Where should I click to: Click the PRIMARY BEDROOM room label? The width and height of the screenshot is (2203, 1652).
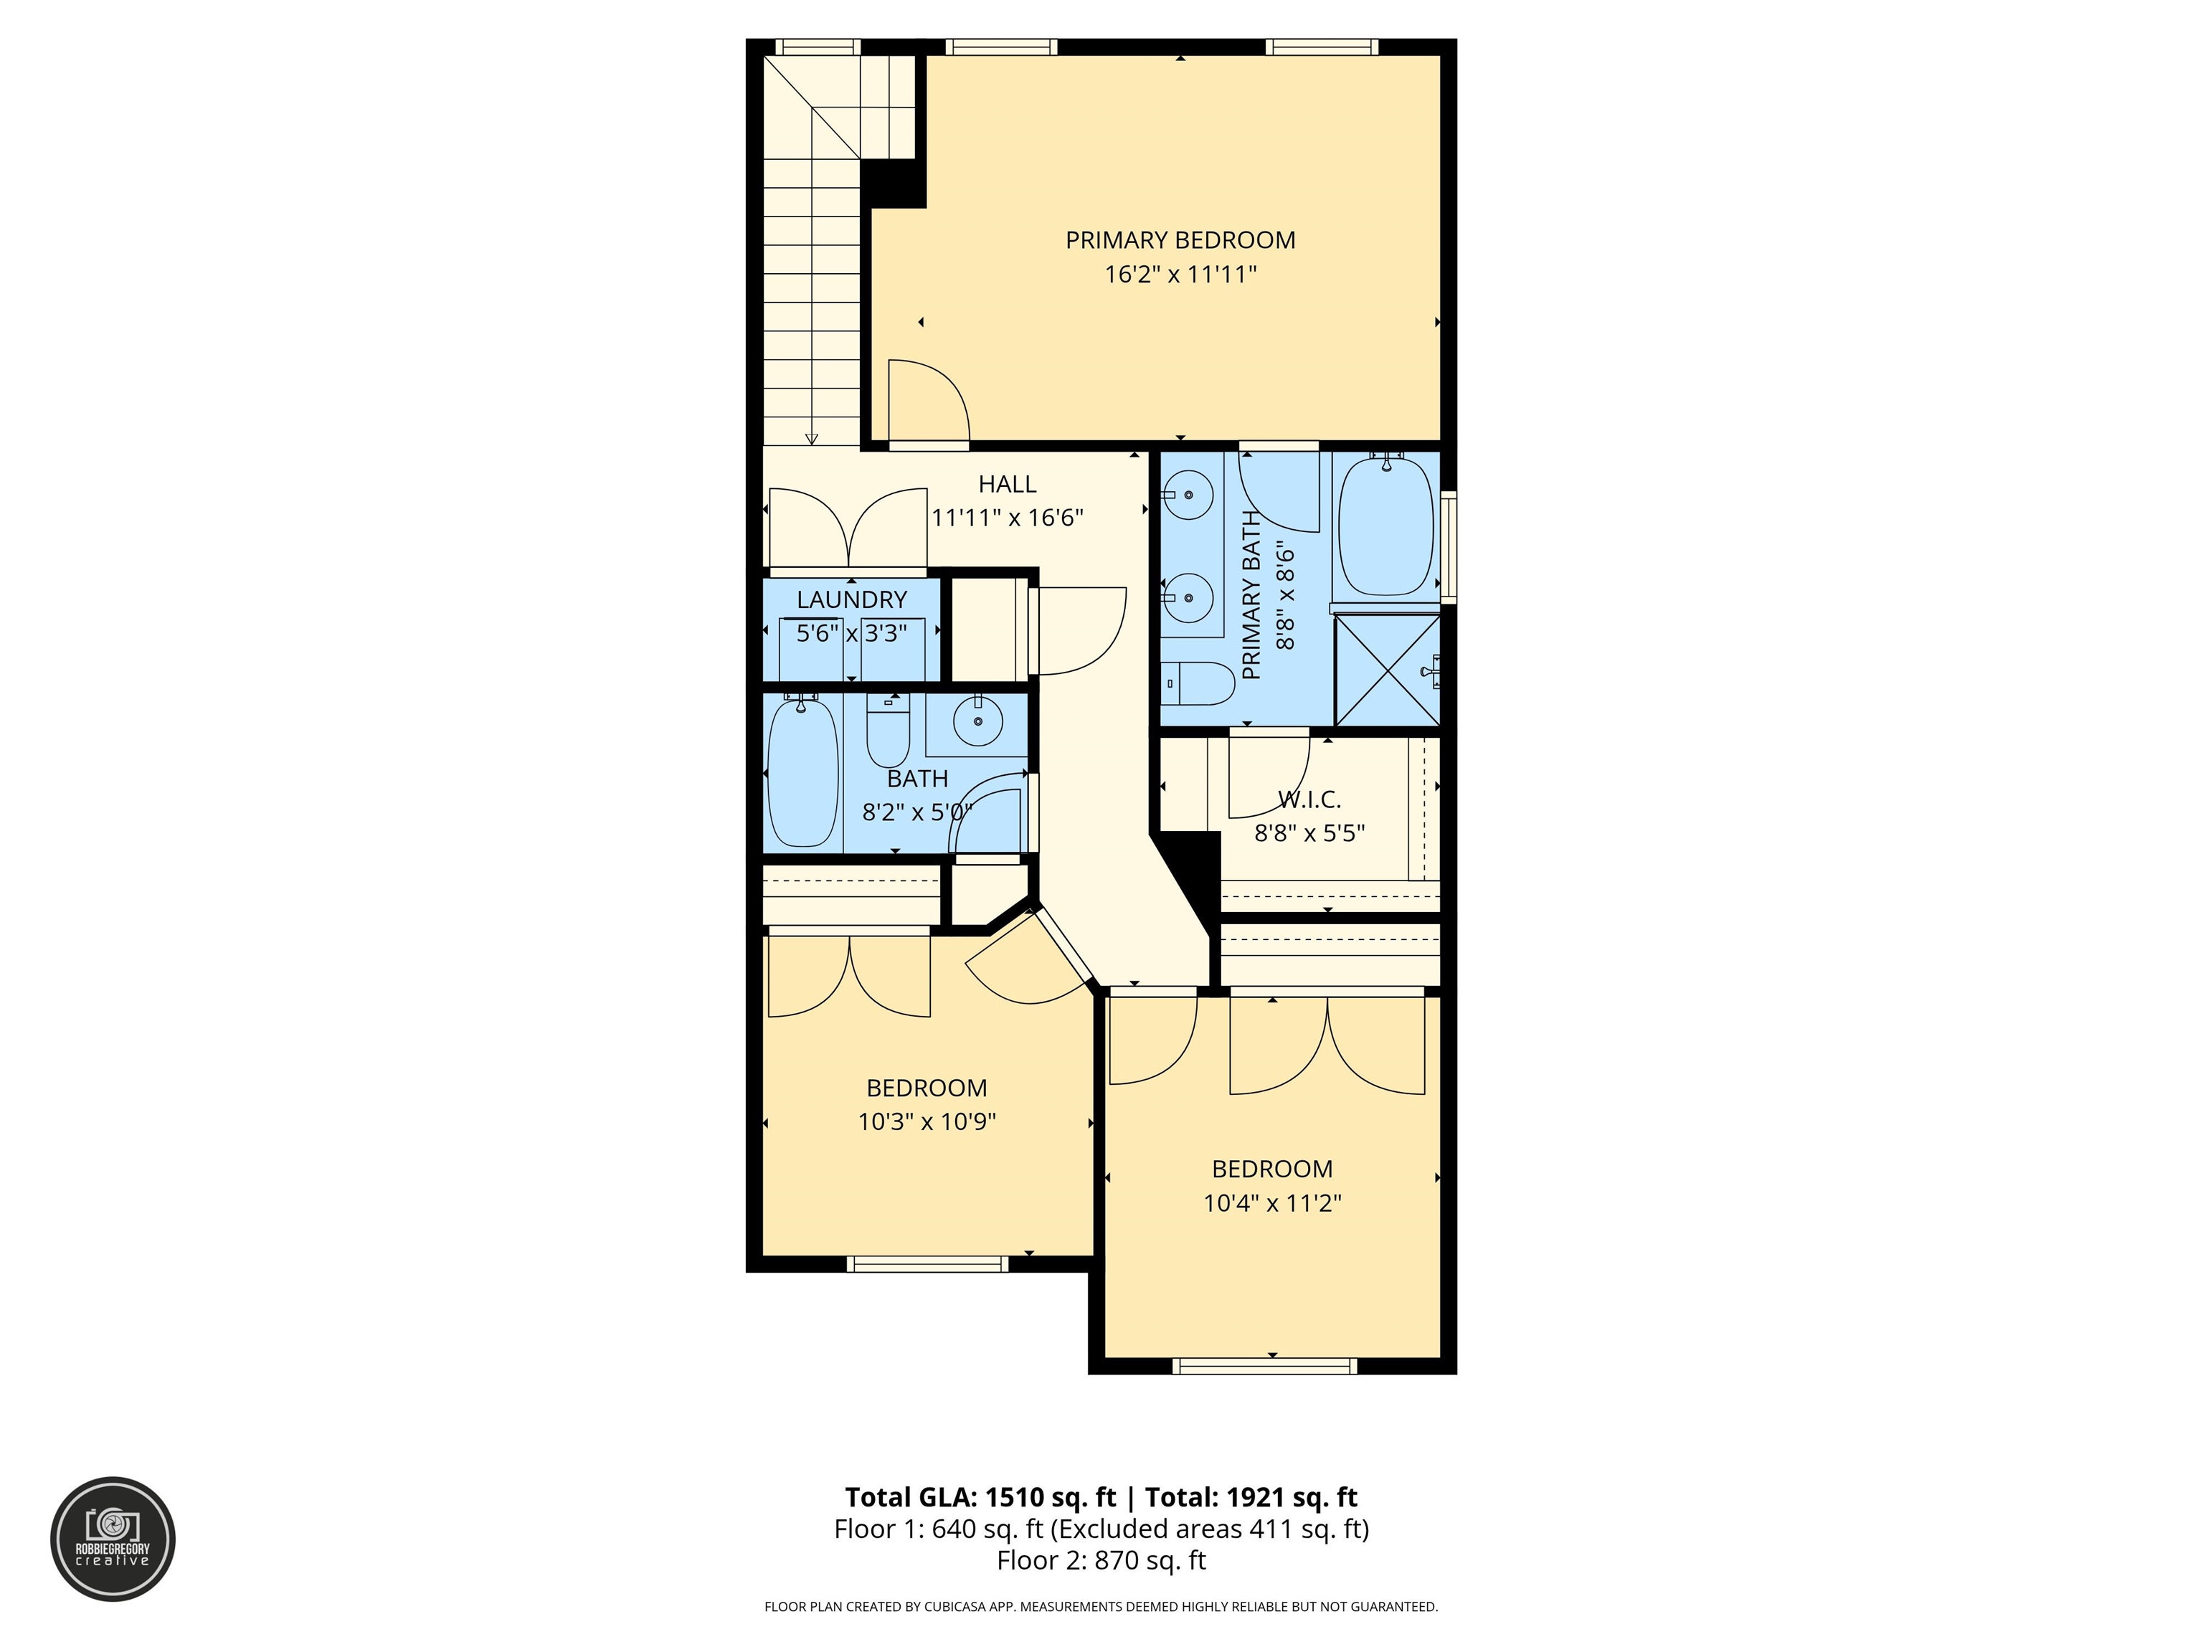point(1180,240)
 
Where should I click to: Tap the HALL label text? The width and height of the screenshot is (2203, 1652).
point(1007,484)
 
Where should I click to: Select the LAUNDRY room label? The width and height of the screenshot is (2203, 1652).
point(851,599)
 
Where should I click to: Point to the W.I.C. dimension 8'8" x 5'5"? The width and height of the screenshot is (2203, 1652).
point(1309,832)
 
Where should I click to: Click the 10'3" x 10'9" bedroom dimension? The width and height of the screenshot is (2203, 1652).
point(927,1121)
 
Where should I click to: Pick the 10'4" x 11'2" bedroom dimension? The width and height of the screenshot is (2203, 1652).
point(1271,1202)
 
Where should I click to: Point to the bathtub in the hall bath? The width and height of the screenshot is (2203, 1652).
point(802,773)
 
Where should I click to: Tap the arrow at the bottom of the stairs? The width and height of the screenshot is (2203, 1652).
point(812,438)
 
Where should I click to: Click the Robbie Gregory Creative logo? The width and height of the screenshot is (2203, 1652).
point(113,1539)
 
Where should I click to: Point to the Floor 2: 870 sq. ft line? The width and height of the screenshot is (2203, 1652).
point(1101,1560)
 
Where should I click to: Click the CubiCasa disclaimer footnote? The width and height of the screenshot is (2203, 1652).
point(1101,1606)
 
